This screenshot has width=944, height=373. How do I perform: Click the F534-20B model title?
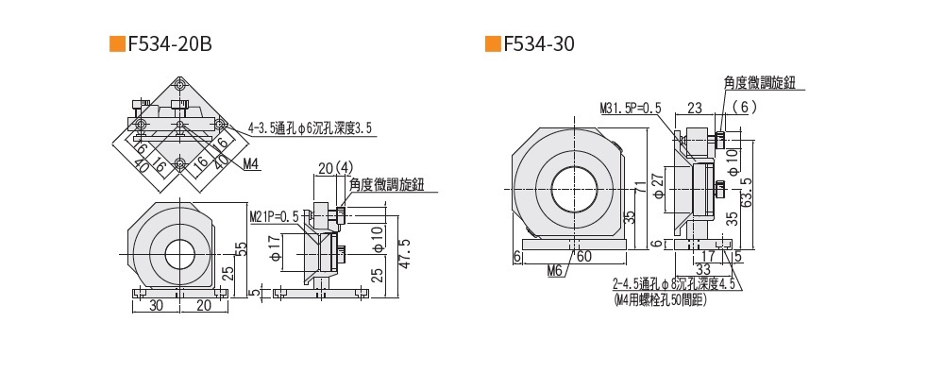pyautogui.click(x=170, y=44)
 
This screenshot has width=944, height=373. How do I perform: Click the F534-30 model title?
pyautogui.click(x=539, y=44)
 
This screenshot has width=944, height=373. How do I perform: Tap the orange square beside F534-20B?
pyautogui.click(x=117, y=44)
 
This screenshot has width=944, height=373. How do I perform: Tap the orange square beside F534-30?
pyautogui.click(x=493, y=44)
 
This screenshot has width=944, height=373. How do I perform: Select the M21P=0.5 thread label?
pyautogui.click(x=274, y=217)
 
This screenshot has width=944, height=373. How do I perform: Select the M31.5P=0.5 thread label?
pyautogui.click(x=631, y=109)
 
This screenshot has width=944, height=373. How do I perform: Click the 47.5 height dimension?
pyautogui.click(x=405, y=254)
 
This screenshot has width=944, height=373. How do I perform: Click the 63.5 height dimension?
pyautogui.click(x=747, y=192)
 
